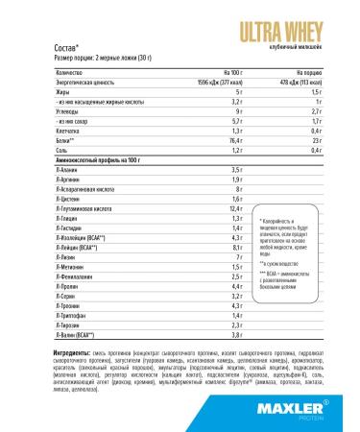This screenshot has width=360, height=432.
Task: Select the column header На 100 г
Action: point(222,70)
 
